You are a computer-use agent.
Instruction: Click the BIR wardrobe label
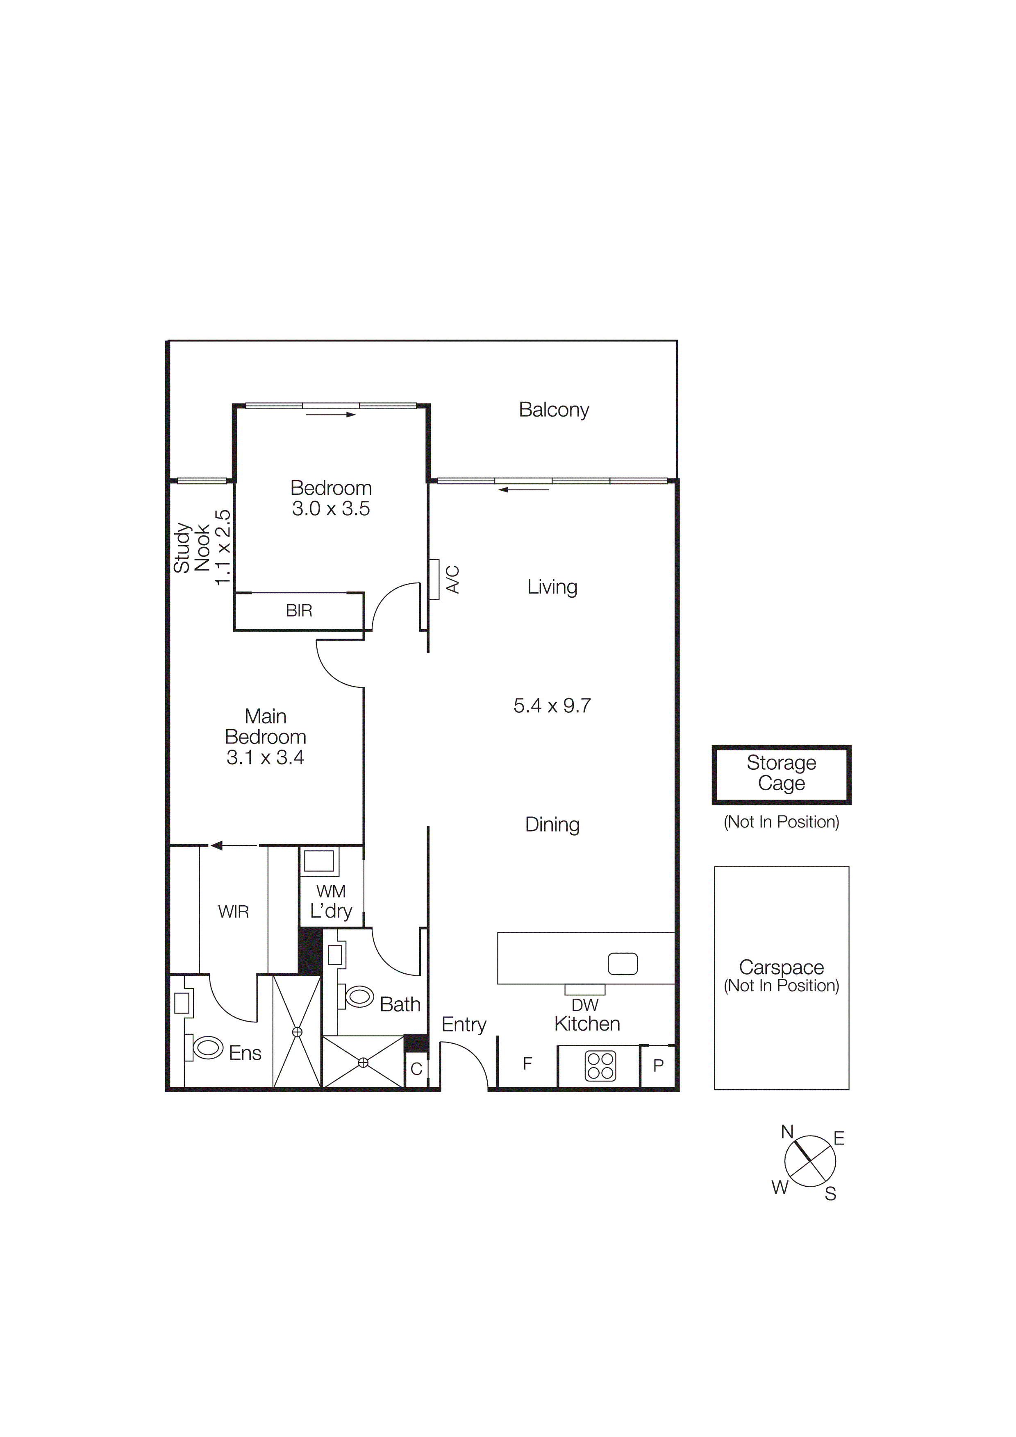point(299,611)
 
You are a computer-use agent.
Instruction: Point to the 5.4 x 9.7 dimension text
point(552,706)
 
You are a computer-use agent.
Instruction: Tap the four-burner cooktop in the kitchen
point(600,1066)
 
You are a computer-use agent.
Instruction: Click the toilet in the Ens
point(208,1048)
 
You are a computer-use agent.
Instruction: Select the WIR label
point(234,912)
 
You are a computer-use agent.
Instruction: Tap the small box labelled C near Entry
point(416,1069)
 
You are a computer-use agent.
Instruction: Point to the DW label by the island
point(585,1005)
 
